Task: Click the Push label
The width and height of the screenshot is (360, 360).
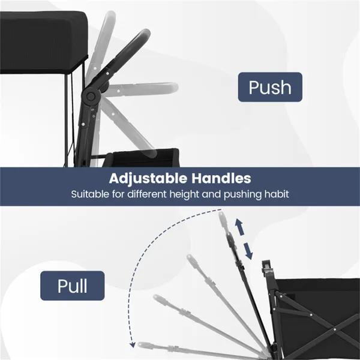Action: coord(270,87)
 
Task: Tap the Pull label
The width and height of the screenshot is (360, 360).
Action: coord(73,286)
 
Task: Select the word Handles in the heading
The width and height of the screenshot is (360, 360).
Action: coord(221,178)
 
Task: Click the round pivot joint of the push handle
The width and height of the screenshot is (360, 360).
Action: coord(91,96)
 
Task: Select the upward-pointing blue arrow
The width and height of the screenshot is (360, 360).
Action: coord(239,227)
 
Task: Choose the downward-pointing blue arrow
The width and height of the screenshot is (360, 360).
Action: coord(248,251)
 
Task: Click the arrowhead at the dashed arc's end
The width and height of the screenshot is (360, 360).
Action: coord(132,344)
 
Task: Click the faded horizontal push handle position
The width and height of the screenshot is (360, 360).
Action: coord(143,88)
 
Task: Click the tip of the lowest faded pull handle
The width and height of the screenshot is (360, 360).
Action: coord(140,344)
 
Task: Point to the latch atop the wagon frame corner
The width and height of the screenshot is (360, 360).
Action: coord(266,266)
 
